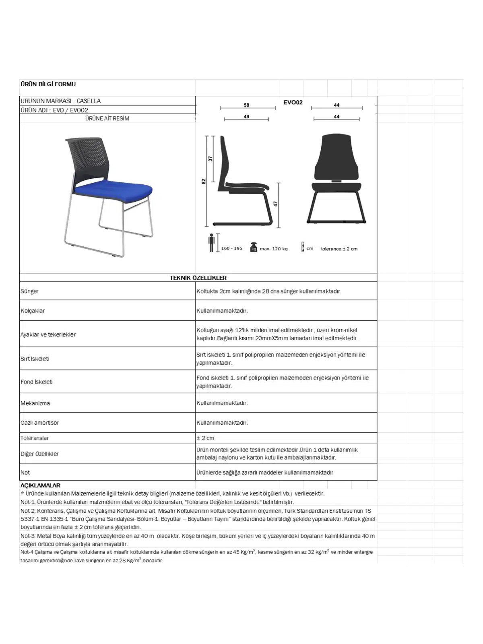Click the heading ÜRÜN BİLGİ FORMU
click(48, 84)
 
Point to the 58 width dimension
click(246, 105)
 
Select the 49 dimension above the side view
click(246, 117)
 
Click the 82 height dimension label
click(204, 182)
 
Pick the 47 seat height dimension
click(276, 204)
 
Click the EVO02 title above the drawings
click(293, 102)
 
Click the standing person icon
click(212, 243)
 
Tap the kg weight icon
click(254, 247)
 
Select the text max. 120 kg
click(274, 249)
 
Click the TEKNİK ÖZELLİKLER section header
click(198, 278)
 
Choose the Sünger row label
click(29, 291)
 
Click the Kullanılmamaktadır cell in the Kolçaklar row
click(222, 311)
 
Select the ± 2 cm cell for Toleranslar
click(205, 438)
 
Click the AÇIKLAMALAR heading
click(40, 485)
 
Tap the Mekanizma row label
click(35, 403)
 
